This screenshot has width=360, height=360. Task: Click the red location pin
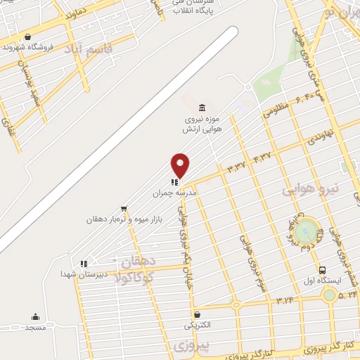point(180,165)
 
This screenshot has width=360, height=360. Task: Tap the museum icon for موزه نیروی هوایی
point(202,108)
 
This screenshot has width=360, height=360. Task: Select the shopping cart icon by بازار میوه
point(124,208)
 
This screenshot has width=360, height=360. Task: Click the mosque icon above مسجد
point(35,317)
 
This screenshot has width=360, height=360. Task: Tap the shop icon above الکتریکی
point(197,314)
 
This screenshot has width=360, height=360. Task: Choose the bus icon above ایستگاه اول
point(322,270)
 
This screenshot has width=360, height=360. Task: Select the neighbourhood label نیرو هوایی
point(310,188)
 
